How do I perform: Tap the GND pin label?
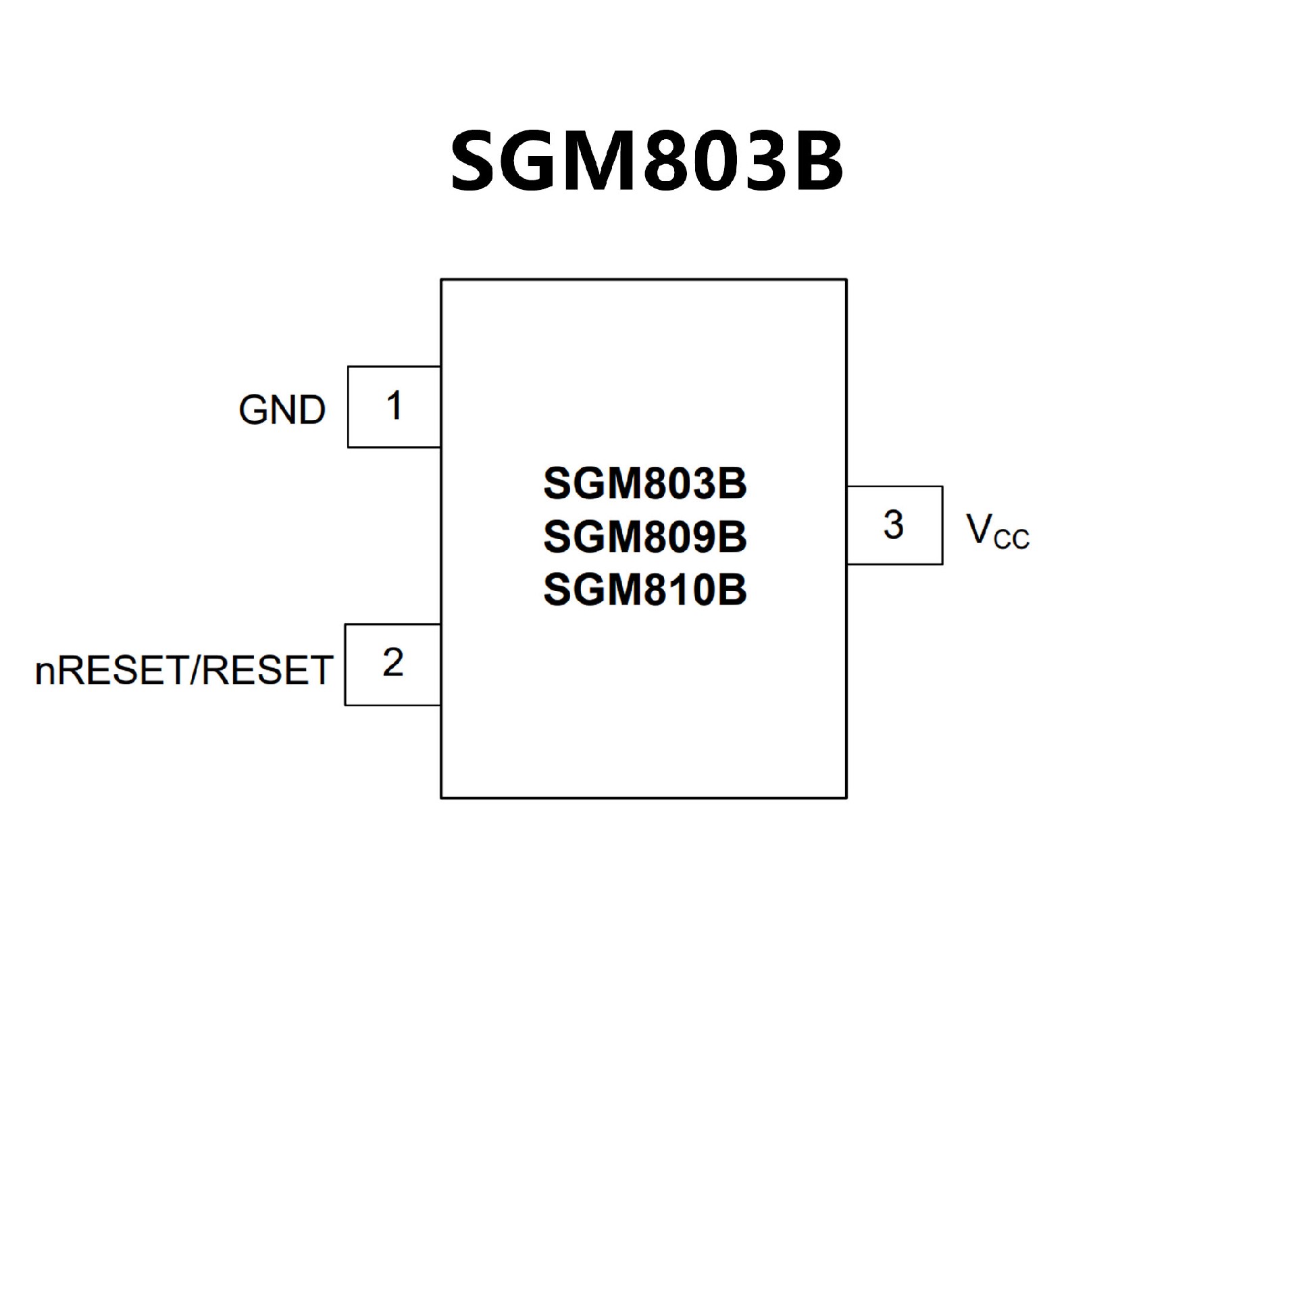pos(282,410)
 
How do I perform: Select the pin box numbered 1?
pos(394,407)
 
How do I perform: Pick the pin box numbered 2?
pos(392,664)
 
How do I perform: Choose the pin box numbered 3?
pos(894,525)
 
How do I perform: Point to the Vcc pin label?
pos(997,530)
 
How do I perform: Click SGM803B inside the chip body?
pos(644,484)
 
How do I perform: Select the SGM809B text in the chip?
pos(644,537)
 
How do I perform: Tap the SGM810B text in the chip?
pos(644,590)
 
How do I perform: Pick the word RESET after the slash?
pos(267,671)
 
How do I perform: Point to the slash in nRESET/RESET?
pos(196,671)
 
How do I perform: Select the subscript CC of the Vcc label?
pos(1011,539)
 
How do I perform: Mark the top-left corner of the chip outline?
pos(441,280)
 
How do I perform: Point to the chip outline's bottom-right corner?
pos(846,798)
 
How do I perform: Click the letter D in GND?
pos(312,410)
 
